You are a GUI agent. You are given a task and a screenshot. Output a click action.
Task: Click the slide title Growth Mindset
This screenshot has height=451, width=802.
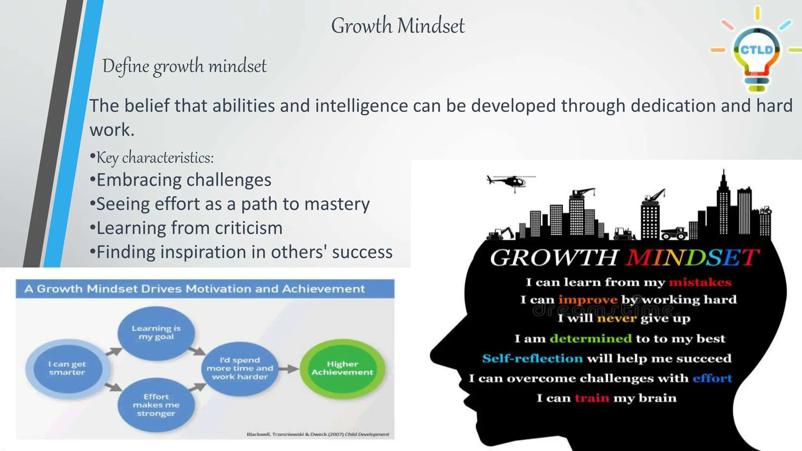point(397,26)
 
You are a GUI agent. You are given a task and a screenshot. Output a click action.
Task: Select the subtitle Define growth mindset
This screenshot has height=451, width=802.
point(184,66)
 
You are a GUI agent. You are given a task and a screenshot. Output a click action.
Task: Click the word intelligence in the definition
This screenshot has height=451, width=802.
point(361,106)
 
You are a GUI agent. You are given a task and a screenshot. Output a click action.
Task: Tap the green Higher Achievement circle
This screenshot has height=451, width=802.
point(342,368)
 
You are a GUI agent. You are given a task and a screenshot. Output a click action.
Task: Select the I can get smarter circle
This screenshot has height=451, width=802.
point(67,368)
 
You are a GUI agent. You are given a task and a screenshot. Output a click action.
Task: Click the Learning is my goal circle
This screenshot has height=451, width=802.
point(156,333)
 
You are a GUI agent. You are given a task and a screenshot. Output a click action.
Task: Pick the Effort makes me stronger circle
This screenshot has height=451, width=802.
point(156,405)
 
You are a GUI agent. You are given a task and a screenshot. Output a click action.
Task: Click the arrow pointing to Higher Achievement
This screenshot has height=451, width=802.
point(289,368)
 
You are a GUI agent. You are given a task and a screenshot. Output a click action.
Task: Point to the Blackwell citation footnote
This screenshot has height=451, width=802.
point(318,434)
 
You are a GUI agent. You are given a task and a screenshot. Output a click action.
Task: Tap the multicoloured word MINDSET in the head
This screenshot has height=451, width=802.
point(692,258)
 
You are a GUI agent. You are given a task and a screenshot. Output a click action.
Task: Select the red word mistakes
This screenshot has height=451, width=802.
point(700,282)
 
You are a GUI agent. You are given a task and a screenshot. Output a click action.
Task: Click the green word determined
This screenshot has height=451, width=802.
point(590,339)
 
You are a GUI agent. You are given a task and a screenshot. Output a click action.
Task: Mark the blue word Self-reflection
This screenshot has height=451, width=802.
point(532,359)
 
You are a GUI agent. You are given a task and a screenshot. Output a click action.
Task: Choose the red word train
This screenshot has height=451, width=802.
point(592,398)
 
